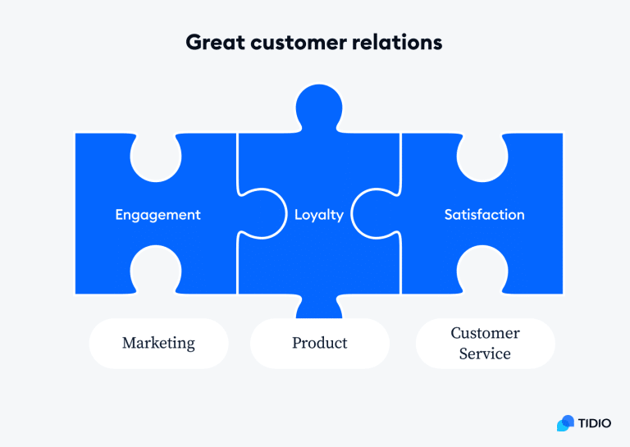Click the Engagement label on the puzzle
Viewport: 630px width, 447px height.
(157, 215)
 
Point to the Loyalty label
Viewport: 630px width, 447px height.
(319, 215)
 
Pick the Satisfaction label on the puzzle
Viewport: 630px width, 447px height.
(484, 215)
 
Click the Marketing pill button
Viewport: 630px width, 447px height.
(158, 343)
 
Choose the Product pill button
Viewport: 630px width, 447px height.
(320, 343)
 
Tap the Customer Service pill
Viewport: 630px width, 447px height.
(485, 343)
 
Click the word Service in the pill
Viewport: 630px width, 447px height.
(485, 354)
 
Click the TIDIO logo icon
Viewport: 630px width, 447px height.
(565, 423)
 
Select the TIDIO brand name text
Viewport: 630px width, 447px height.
(596, 423)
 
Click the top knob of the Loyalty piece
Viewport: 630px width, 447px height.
(319, 105)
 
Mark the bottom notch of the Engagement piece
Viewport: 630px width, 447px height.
(156, 271)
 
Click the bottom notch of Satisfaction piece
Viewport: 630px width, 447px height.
(482, 271)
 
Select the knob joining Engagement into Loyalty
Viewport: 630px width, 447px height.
(258, 215)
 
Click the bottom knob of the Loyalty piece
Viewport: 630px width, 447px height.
(319, 308)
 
